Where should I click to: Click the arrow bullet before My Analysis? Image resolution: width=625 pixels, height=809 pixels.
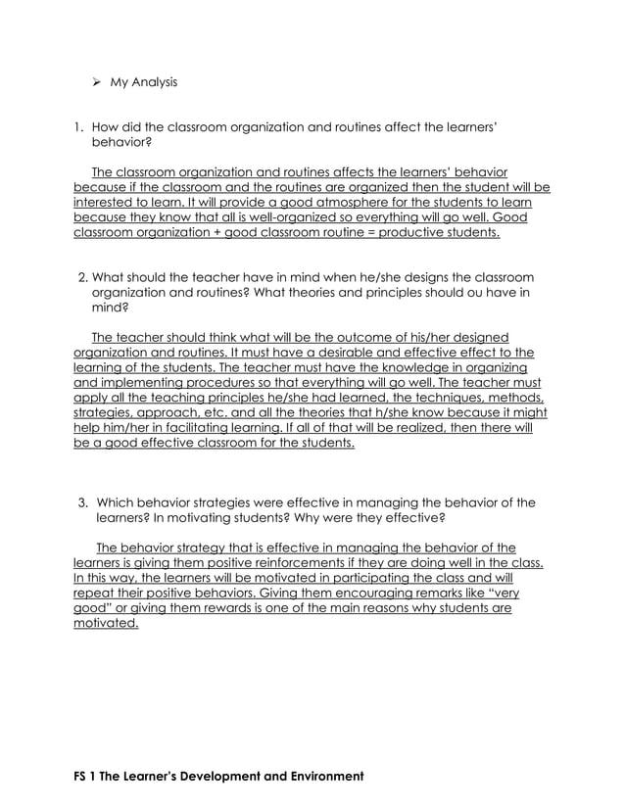coord(98,82)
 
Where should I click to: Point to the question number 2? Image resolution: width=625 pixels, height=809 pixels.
coord(81,276)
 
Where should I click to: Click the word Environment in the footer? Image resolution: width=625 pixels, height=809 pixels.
coord(315,776)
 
